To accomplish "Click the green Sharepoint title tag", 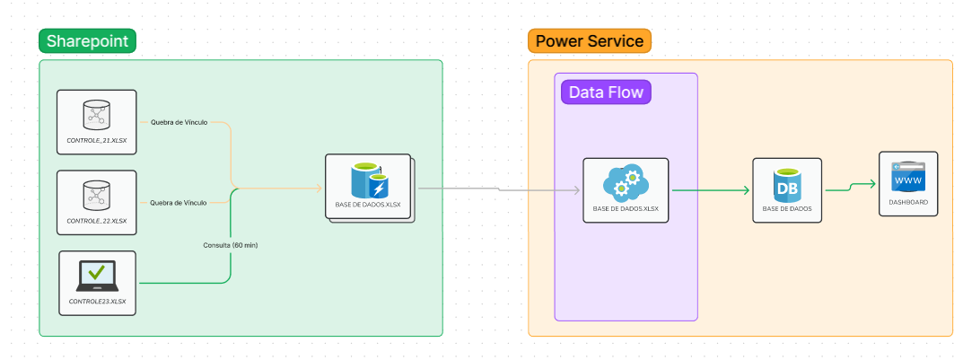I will (87, 40).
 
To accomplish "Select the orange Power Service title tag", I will (589, 40).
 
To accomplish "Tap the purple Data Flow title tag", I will (606, 92).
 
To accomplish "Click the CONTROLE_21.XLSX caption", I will (96, 141).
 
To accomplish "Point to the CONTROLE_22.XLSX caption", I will (96, 221).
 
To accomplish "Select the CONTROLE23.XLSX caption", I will (97, 302).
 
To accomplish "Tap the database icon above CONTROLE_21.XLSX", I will (95, 114).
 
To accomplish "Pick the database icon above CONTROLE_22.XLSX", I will (95, 194).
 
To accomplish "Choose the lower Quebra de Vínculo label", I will (179, 203).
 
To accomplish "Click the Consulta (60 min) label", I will (231, 244).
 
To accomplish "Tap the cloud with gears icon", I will (626, 183).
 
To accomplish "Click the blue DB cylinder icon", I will (787, 184).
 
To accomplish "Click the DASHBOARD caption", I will (908, 203).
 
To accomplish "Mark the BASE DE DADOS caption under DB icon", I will (787, 209).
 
